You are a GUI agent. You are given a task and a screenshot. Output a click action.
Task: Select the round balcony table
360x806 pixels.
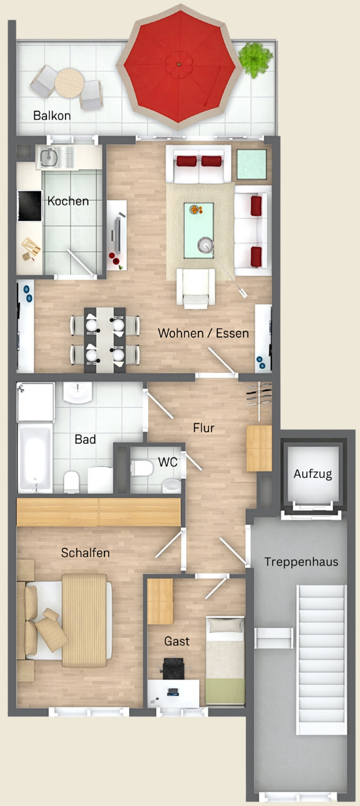point(69,82)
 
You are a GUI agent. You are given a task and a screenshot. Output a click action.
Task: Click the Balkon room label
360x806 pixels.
point(52,116)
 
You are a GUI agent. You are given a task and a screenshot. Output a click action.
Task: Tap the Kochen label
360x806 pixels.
point(68,201)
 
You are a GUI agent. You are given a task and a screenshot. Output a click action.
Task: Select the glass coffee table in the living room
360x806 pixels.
point(198,230)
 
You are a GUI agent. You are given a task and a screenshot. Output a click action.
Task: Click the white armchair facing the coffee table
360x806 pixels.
point(196,287)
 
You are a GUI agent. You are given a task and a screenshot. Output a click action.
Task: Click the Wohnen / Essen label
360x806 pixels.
point(203,333)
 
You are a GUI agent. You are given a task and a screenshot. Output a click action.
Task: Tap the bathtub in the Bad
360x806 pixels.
point(34,459)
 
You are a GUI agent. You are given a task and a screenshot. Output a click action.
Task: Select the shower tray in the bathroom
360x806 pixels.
point(35,402)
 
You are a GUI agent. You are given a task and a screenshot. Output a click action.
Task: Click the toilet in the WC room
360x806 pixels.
point(142,468)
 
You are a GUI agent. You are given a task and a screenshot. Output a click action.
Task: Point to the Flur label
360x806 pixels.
point(204,428)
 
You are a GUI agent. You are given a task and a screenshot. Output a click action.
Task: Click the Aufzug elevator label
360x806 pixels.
point(313,474)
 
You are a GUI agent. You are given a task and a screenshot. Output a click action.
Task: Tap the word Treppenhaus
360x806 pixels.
point(301,562)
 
